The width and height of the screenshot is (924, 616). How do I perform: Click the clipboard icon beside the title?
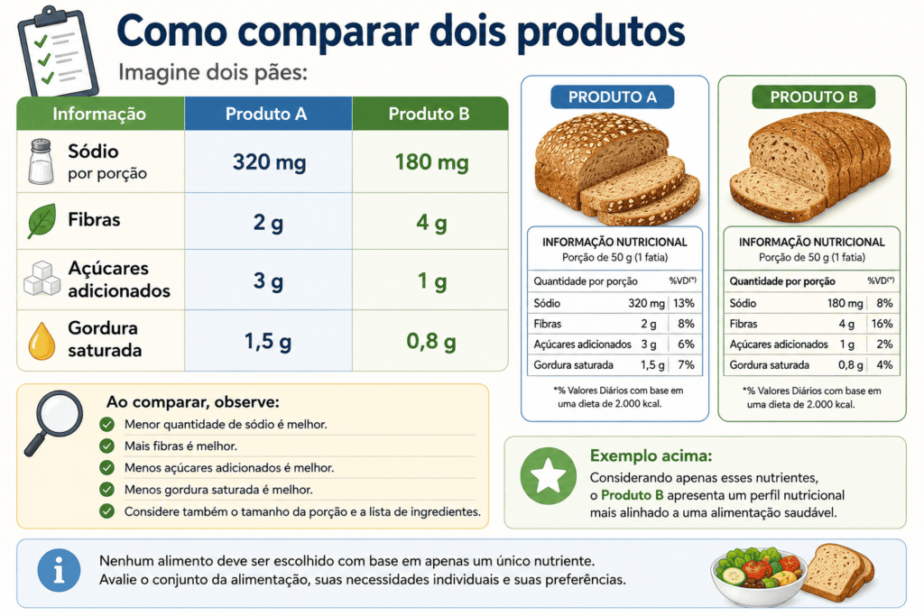coord(57,51)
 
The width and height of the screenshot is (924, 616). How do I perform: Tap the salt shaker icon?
coord(42,161)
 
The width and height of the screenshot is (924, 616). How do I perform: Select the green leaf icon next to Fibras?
coord(42,221)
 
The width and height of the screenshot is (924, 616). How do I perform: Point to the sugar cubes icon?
coord(42,279)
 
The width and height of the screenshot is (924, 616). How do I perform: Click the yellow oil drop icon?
coord(42,340)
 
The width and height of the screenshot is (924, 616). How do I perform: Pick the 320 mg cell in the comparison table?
coord(269,162)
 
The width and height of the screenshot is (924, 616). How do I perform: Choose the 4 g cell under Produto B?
coord(431,223)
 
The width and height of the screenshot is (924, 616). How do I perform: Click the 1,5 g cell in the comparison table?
coord(268,341)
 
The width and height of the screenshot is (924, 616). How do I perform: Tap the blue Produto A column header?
coord(268,114)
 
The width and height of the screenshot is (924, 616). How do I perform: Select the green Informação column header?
coord(100,114)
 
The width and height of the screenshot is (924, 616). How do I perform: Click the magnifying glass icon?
coord(53,422)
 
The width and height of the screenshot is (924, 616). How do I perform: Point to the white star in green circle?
coord(548,476)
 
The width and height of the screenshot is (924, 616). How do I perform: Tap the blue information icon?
coord(59,571)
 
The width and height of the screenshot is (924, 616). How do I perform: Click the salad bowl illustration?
coord(758,576)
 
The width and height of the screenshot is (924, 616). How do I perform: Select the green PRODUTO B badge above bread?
coord(813,97)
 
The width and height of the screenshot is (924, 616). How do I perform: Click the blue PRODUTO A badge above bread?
coord(613,97)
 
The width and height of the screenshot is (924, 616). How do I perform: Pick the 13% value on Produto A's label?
coord(684,303)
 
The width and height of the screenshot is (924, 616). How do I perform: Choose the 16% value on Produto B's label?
coord(882,324)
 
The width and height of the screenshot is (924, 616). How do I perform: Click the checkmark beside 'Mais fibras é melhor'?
coord(106,446)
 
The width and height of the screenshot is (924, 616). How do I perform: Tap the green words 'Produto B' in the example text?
coord(633,495)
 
